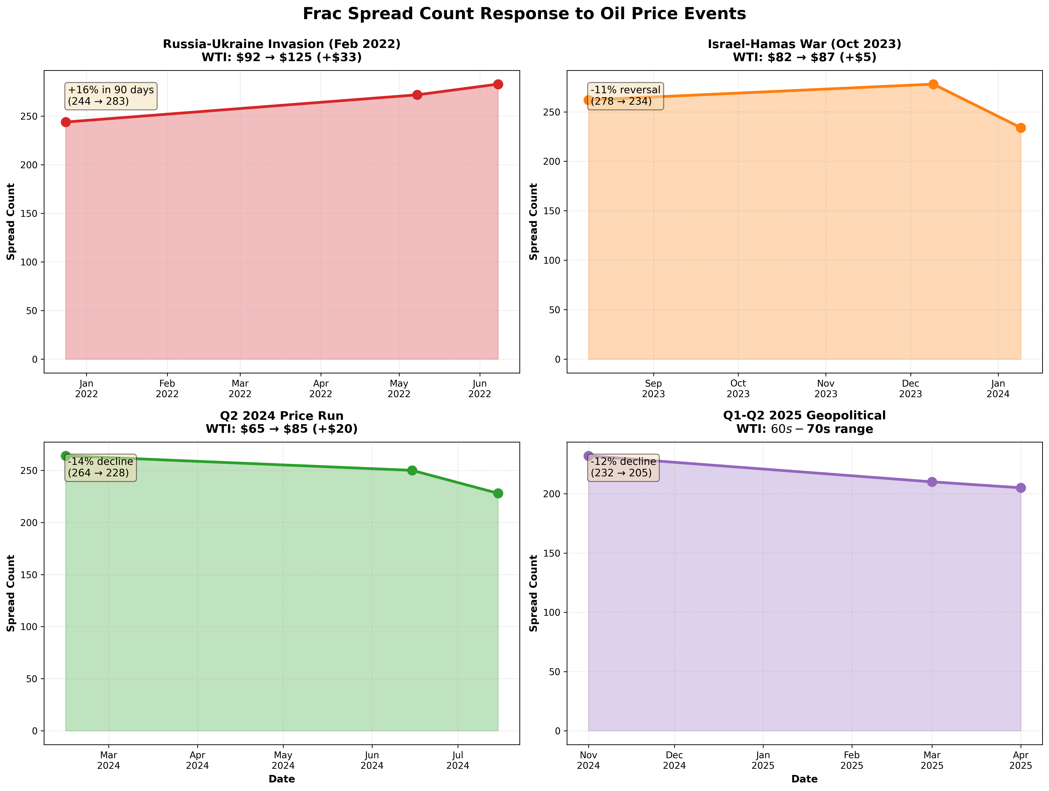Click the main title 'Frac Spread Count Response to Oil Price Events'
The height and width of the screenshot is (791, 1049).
[x=524, y=14]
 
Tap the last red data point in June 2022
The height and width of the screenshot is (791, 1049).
[x=498, y=84]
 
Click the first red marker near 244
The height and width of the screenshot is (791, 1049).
[x=66, y=122]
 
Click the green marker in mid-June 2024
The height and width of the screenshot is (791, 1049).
[x=412, y=470]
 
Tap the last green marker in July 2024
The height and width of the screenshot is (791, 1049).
[x=498, y=494]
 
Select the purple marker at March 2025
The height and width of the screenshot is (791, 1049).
[x=932, y=482]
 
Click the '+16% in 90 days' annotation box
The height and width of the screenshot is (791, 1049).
[x=111, y=96]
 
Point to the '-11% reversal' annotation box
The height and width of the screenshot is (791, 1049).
[x=625, y=96]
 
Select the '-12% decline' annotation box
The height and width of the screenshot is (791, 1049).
[x=623, y=468]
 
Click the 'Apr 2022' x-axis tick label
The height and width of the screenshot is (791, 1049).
[x=321, y=389]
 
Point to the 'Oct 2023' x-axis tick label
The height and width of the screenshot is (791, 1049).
[x=738, y=389]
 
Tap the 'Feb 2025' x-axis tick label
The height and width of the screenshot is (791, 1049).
[x=852, y=760]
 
